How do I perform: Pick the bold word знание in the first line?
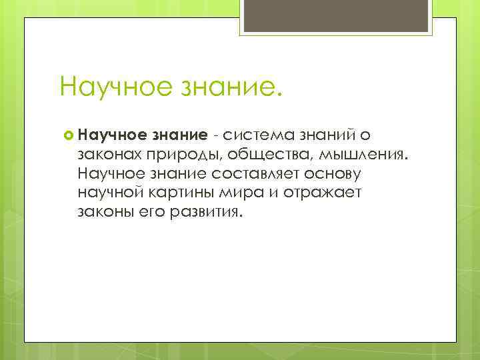177,136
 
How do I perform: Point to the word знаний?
323,136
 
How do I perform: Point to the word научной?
110,194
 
